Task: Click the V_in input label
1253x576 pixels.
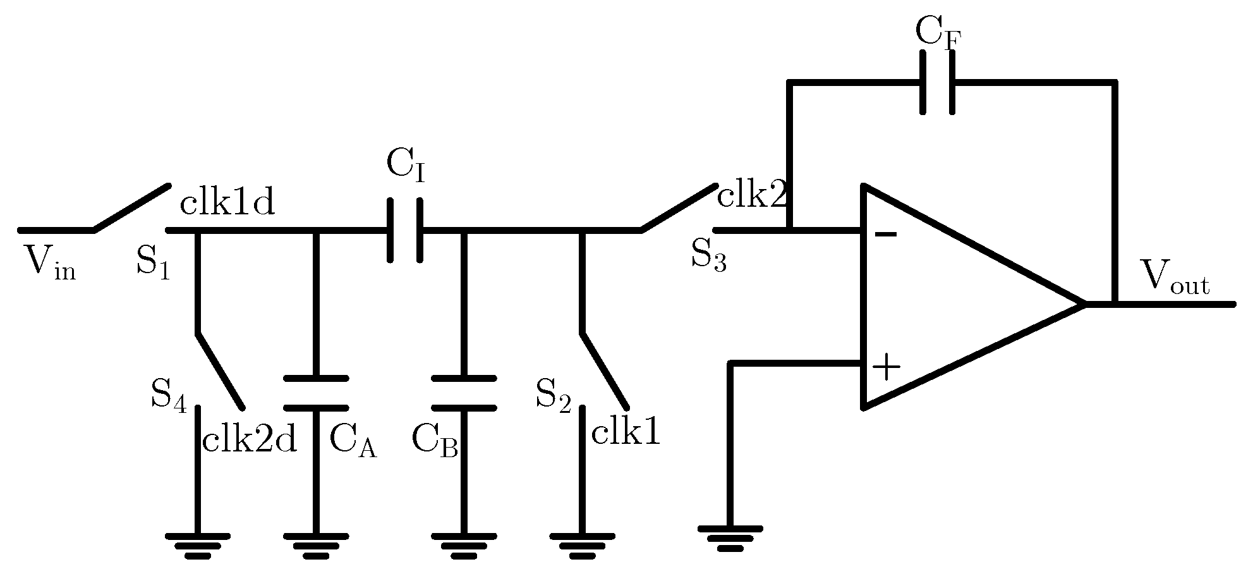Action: pos(49,262)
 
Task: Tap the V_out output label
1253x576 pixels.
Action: pos(1175,278)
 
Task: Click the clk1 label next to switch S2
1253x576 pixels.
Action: pos(626,433)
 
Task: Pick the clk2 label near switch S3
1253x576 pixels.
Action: pos(752,197)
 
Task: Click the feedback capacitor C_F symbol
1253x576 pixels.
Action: pos(938,82)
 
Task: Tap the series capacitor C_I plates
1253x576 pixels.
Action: pos(404,231)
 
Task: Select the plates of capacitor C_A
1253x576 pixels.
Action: pos(316,393)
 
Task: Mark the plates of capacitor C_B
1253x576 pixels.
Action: pos(464,393)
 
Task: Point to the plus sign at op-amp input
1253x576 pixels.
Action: pos(887,367)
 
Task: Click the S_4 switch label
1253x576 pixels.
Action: pos(168,395)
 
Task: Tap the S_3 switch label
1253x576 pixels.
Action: pos(708,256)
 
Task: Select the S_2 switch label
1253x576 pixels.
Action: pos(553,395)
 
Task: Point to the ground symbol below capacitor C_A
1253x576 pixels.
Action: pos(316,545)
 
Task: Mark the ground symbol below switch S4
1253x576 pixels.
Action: pos(198,545)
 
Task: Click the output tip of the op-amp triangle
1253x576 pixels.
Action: pos(1082,304)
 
